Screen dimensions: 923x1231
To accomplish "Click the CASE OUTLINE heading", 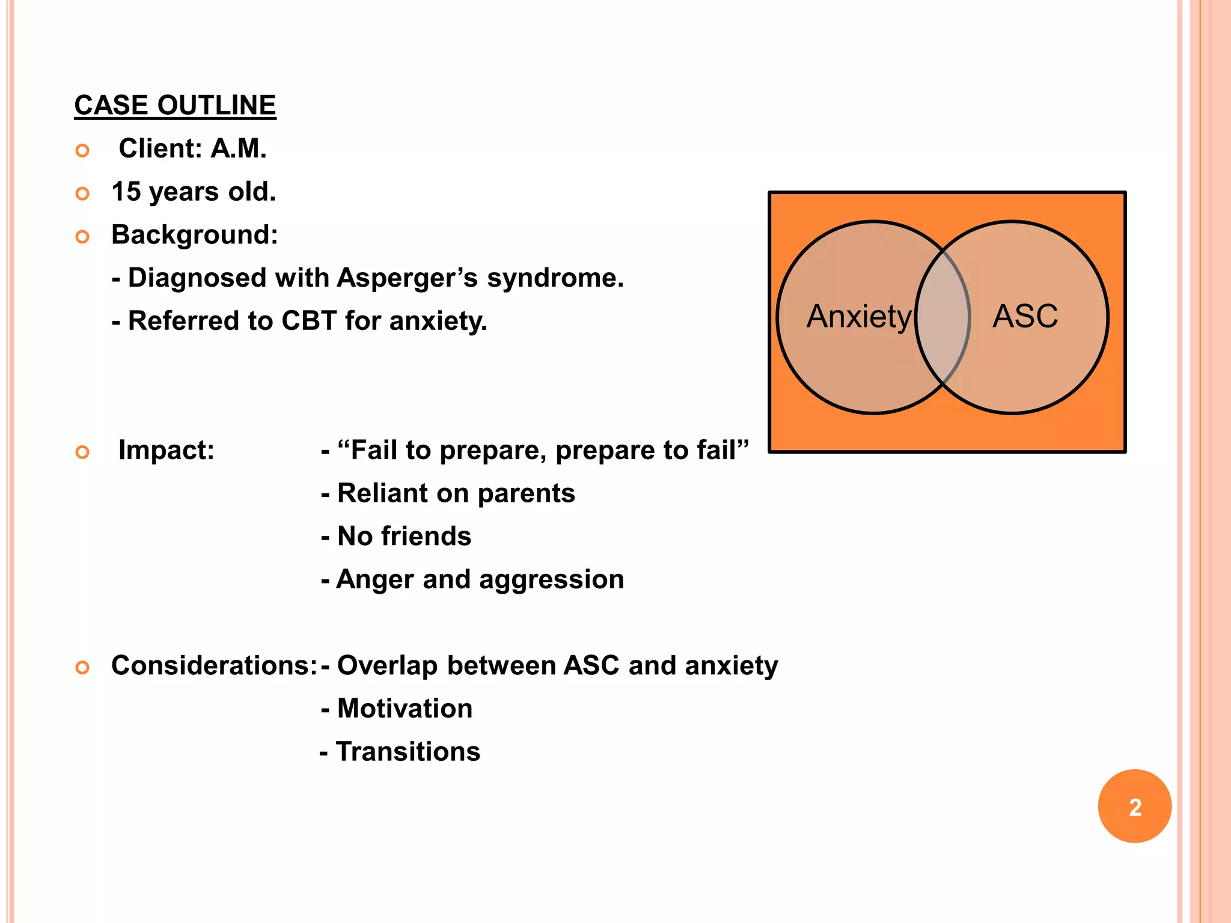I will (175, 106).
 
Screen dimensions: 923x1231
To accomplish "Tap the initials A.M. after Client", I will (238, 149).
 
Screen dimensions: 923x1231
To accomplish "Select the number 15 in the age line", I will (126, 192).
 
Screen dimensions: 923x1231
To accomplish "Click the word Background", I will (194, 235).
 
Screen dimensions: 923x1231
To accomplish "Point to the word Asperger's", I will (408, 278).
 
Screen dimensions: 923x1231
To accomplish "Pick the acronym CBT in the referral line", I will (308, 321).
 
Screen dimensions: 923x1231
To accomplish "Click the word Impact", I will (166, 450).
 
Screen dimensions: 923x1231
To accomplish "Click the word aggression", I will (551, 579).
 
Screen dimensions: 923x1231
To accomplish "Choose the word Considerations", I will (213, 666).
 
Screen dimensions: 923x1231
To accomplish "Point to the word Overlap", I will (387, 666).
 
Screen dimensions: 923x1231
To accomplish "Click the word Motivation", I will (405, 709).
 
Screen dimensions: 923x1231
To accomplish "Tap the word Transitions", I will (408, 752).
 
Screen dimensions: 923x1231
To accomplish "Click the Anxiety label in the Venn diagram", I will (859, 317).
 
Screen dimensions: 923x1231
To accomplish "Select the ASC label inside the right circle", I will (1025, 316).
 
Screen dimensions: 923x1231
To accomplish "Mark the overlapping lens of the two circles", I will (943, 317).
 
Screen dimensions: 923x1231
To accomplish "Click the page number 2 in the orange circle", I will (1135, 807).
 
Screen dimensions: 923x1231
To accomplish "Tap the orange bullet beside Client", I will (82, 150).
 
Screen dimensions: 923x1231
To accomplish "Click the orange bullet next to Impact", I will (82, 452).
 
